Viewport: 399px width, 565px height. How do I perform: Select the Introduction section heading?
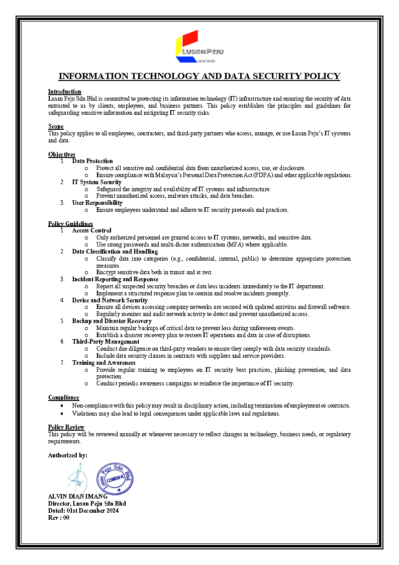coord(64,92)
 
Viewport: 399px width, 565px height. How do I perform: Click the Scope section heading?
coord(56,126)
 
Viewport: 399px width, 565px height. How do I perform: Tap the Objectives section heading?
coord(61,154)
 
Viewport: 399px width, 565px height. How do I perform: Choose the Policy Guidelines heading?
coord(70,223)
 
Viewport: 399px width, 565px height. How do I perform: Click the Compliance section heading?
coord(63,397)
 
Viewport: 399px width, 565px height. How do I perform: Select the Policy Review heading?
coord(66,427)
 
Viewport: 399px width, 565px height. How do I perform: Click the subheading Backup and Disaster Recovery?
coord(112,321)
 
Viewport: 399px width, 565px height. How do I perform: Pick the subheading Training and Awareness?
coord(104,363)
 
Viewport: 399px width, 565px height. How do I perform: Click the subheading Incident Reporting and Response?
coord(115,279)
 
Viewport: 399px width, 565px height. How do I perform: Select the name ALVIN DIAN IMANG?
coord(77,497)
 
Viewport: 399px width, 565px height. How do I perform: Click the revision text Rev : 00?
coord(58,518)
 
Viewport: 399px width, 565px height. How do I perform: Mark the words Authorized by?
coord(67,455)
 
